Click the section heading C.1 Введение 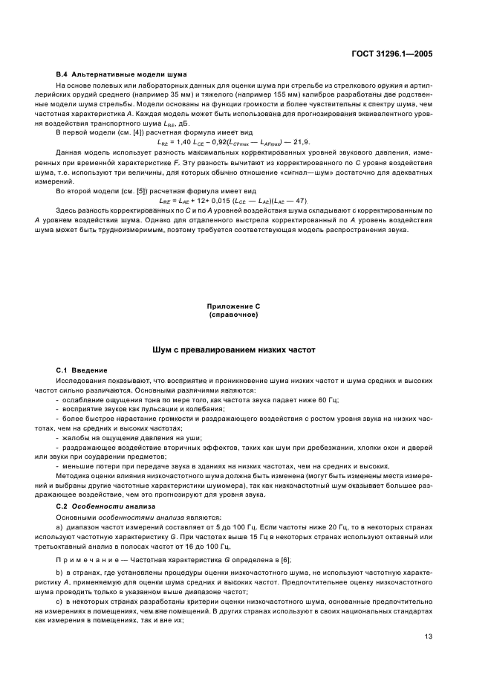pos(82,370)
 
